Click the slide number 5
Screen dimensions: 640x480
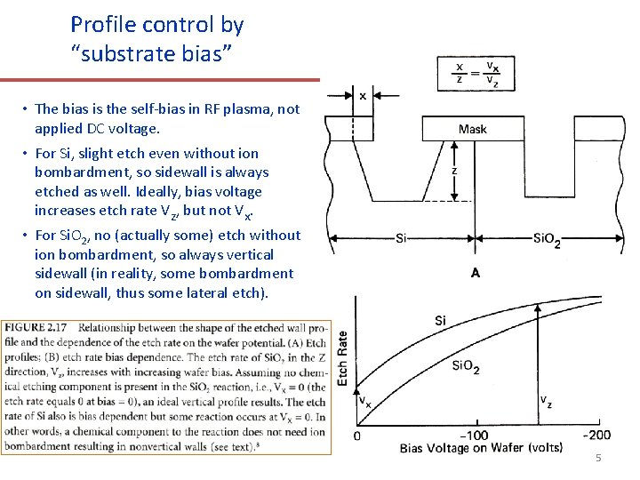coord(598,458)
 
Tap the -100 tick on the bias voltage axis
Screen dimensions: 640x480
coord(476,436)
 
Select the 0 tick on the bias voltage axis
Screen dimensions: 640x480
coord(357,436)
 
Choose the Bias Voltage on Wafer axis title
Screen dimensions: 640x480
coord(481,449)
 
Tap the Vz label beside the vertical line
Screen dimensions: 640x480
coord(545,402)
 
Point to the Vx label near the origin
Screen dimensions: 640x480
coord(364,401)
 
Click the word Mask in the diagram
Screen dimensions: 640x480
coord(472,129)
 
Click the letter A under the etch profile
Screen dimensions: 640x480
coord(476,273)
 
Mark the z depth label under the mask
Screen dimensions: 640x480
coord(454,171)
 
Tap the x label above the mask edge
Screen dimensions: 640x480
coord(364,95)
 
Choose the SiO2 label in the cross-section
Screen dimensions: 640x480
coord(546,239)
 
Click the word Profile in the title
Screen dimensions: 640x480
coord(99,24)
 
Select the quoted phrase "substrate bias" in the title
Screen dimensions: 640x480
coord(152,53)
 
